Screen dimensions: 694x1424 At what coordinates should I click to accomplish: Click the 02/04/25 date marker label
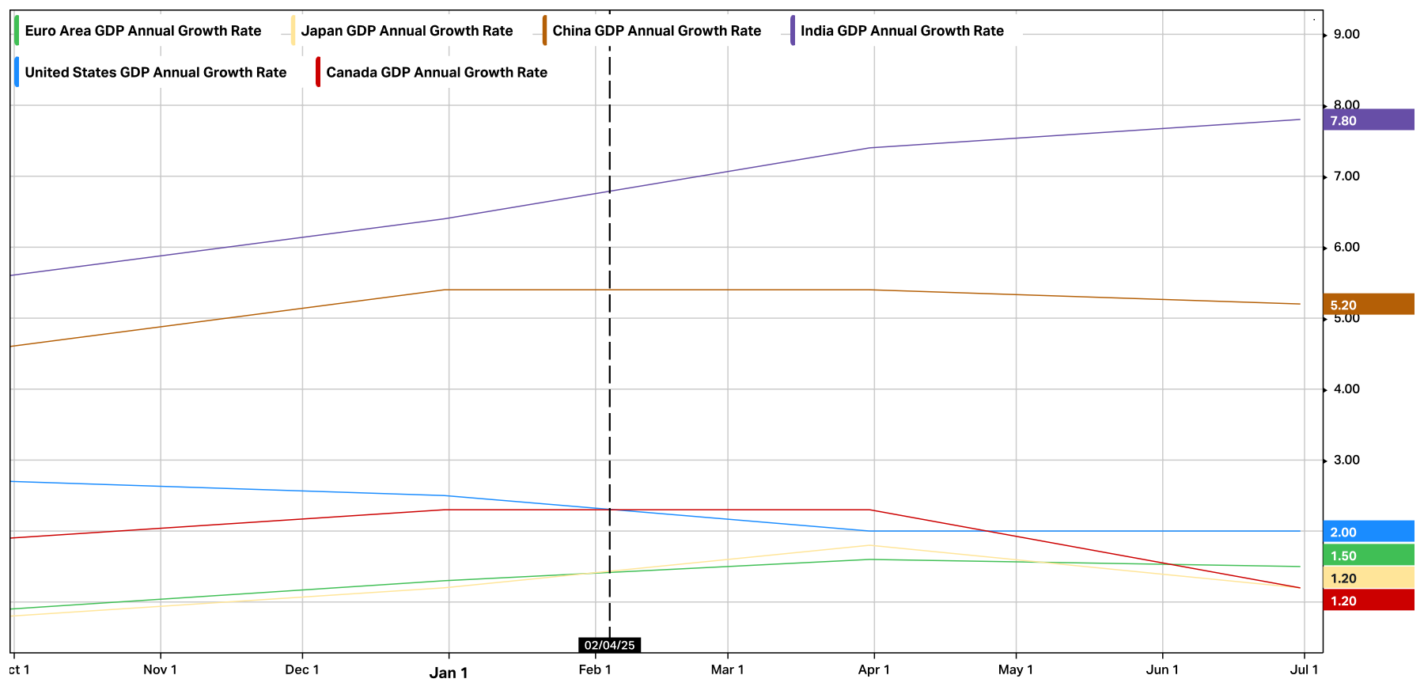[x=609, y=645]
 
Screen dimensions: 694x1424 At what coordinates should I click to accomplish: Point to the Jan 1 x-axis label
[x=449, y=673]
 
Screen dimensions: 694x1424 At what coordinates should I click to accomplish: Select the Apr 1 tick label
[x=873, y=669]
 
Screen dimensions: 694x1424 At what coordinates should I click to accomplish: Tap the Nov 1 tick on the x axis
[x=160, y=669]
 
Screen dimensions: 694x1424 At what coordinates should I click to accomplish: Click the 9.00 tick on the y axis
[x=1346, y=34]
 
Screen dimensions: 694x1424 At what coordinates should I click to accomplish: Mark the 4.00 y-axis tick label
[x=1346, y=389]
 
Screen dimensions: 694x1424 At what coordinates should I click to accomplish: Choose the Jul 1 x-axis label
[x=1304, y=669]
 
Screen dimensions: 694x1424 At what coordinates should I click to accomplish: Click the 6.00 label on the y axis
[x=1346, y=247]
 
